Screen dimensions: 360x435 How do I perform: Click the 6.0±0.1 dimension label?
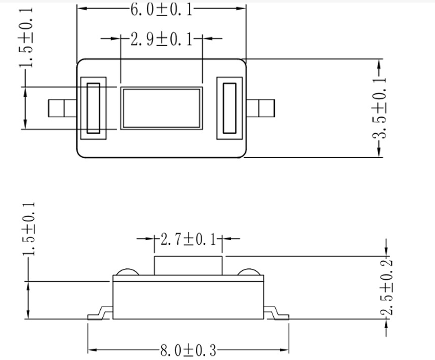161,9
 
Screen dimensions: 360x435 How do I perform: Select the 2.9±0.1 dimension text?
161,39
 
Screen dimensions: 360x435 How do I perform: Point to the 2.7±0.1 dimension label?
188,239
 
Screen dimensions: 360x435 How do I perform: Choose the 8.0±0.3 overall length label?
188,351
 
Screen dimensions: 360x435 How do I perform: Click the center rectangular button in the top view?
161,108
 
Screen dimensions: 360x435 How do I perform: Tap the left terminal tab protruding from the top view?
61,108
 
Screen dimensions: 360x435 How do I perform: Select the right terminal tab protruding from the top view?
260,108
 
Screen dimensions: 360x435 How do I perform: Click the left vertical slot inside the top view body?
93,108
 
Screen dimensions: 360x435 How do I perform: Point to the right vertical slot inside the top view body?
229,108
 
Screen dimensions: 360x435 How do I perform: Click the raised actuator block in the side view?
188,266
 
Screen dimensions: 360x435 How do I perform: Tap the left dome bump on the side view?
125,272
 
